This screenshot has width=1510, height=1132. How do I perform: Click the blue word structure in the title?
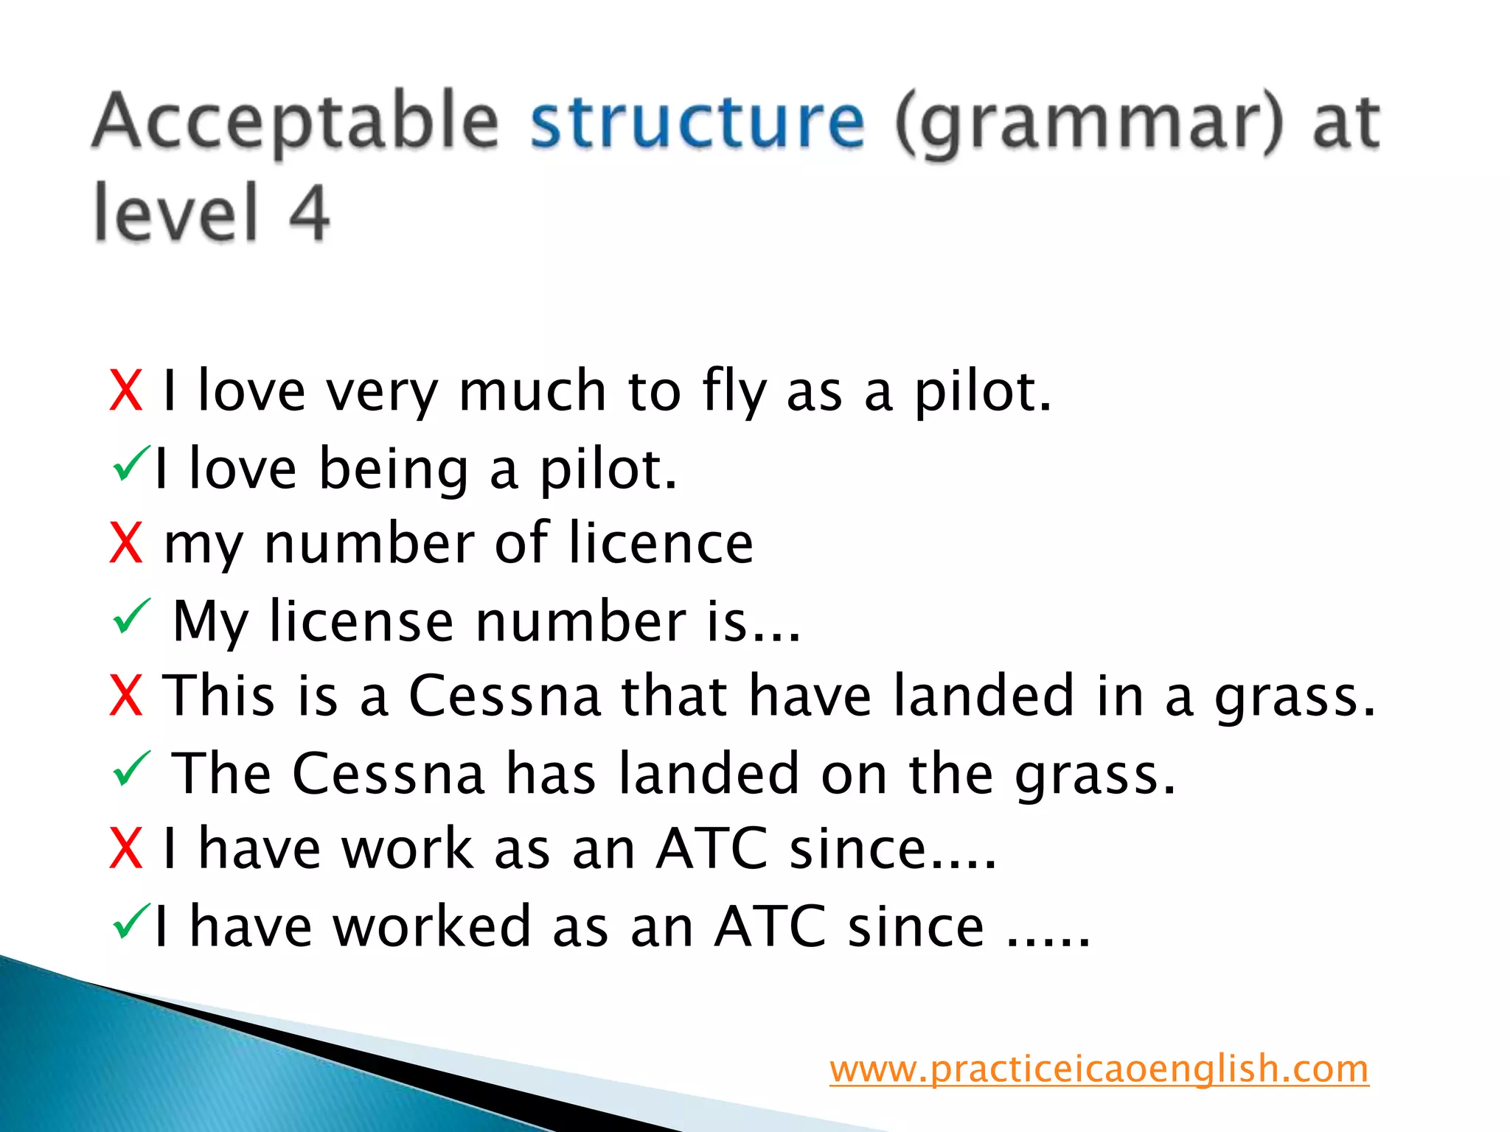tap(697, 122)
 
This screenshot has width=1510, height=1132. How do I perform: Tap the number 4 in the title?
tap(308, 213)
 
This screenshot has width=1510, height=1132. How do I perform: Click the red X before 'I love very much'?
tap(125, 391)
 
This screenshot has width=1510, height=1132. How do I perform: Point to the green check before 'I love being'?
tap(131, 464)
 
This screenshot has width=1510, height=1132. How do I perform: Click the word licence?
tap(661, 543)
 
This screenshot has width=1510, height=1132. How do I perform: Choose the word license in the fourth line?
tap(361, 621)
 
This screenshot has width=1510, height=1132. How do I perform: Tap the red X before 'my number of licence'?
tap(125, 543)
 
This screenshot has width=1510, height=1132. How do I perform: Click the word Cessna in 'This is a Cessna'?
tap(505, 696)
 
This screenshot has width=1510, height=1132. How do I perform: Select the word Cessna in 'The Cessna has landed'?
tap(389, 774)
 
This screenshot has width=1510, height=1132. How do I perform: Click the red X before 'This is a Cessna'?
tap(125, 696)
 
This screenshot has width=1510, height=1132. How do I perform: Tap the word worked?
tap(432, 926)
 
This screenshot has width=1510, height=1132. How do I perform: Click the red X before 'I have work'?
tap(125, 849)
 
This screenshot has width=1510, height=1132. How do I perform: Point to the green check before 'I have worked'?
tap(131, 922)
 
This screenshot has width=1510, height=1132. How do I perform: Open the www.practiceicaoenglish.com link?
tap(1099, 1069)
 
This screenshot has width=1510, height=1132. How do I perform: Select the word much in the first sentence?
tap(532, 391)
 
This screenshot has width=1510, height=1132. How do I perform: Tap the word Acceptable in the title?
tap(296, 122)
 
